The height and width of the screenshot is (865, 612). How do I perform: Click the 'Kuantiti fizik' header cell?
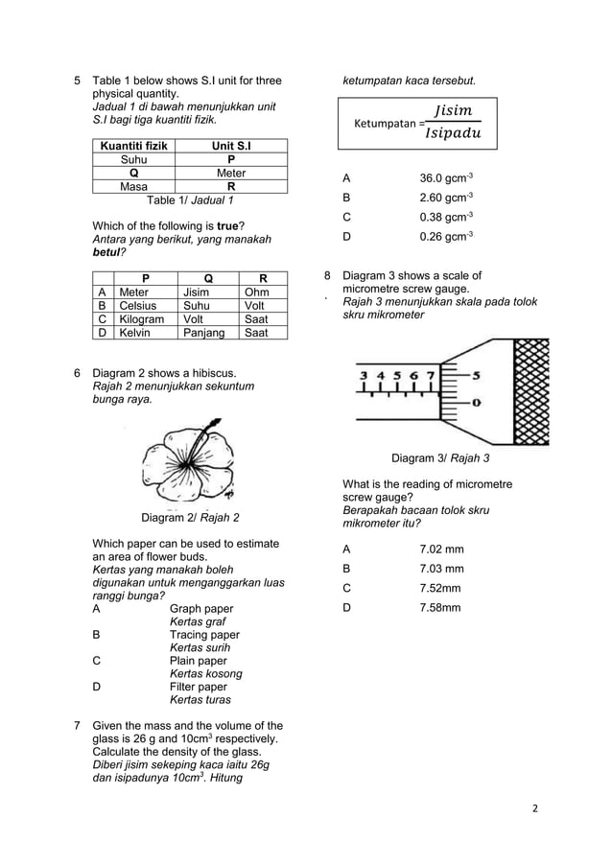pos(133,146)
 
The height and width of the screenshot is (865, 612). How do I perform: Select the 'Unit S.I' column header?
pos(230,146)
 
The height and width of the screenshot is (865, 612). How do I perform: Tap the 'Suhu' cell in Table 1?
pos(133,160)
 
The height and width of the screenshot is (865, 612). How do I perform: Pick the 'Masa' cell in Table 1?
pos(133,187)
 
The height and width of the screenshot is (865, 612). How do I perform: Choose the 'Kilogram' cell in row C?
pos(141,318)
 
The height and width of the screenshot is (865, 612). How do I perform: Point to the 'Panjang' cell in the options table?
pos(202,333)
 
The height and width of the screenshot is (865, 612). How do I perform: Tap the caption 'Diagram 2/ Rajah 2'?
pos(190,518)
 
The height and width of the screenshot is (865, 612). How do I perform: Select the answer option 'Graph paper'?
pos(200,608)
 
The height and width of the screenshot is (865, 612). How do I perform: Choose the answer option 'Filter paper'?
pos(198,687)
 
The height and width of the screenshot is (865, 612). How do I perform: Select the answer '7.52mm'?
pos(441,588)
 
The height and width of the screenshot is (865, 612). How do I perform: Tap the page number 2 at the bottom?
pos(535,807)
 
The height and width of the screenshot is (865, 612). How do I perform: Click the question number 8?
pos(328,275)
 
